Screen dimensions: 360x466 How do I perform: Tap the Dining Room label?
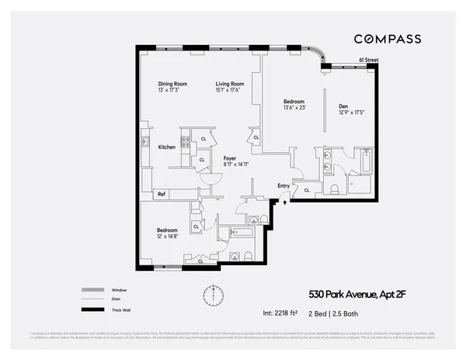pyautogui.click(x=172, y=84)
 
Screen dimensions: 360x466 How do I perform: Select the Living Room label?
pyautogui.click(x=230, y=84)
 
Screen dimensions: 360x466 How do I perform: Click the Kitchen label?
pyautogui.click(x=167, y=147)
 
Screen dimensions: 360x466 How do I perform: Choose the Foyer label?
pyautogui.click(x=230, y=158)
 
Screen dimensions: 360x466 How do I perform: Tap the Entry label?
pyautogui.click(x=283, y=185)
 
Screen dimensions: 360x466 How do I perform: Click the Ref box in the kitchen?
pyautogui.click(x=162, y=194)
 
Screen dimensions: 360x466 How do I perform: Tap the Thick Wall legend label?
pyautogui.click(x=120, y=309)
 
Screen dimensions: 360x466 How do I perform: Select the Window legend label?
pyautogui.click(x=118, y=290)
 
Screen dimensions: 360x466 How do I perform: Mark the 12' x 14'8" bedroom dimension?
pyautogui.click(x=168, y=237)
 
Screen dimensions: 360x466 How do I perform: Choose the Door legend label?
pyautogui.click(x=116, y=299)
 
